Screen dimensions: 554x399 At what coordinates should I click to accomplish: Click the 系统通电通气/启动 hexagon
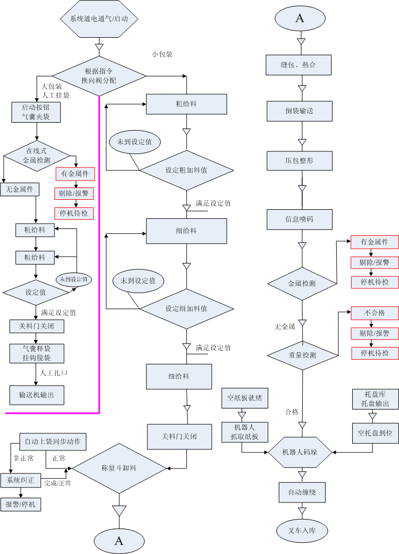99,19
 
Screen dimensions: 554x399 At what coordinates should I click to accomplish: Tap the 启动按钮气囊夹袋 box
36,112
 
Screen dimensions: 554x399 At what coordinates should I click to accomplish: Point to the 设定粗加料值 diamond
186,170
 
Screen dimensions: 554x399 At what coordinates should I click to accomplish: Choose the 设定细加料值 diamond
186,309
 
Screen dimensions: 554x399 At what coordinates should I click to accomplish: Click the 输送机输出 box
37,395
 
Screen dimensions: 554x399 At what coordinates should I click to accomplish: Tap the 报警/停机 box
21,504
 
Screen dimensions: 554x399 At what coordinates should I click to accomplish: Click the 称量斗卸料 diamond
119,468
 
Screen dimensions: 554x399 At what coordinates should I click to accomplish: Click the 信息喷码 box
301,219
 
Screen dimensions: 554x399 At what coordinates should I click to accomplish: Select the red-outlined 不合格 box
375,313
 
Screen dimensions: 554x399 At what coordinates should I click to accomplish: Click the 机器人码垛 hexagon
301,452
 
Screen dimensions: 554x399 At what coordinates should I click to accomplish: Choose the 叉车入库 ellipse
302,530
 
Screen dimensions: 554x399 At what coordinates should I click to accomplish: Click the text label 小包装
162,54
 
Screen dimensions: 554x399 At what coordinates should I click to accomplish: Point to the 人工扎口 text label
54,372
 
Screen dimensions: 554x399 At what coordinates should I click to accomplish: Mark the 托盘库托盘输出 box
375,399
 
